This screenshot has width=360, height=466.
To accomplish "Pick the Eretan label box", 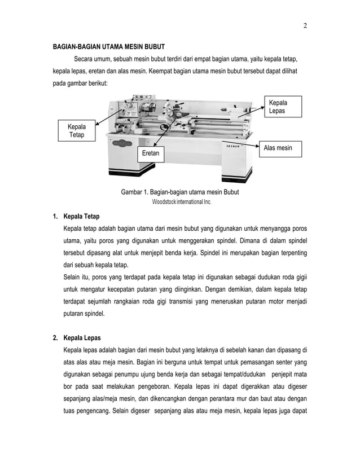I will [x=151, y=153].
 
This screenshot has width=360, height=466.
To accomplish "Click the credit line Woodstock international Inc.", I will [x=180, y=201].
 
